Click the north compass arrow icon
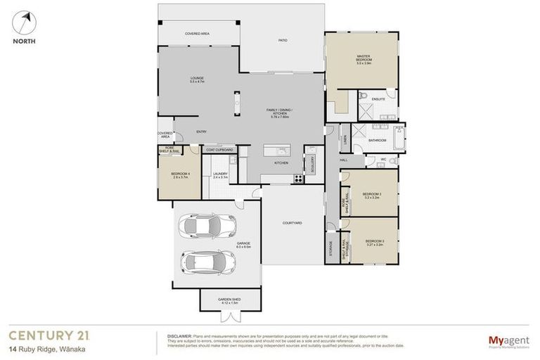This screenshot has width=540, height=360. click(26, 21)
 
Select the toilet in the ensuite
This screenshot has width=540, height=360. click(364, 96)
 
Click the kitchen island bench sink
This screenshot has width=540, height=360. click(277, 150)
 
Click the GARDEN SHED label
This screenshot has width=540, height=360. click(229, 301)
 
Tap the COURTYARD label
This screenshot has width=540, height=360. click(292, 223)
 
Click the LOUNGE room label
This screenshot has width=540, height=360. click(196, 79)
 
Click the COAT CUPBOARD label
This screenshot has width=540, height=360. click(219, 150)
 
